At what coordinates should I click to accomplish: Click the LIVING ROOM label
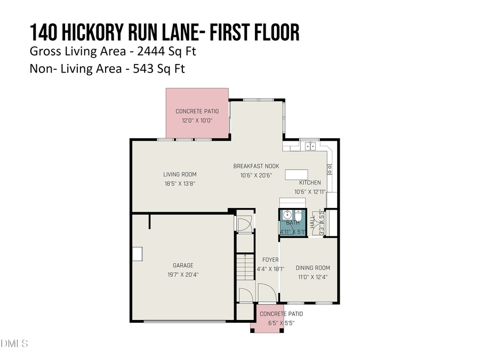click(180, 174)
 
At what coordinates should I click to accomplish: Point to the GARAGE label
click(183, 266)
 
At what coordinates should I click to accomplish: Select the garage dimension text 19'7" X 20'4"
click(183, 275)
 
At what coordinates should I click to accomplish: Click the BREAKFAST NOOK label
click(256, 166)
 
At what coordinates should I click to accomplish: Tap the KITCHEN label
click(310, 182)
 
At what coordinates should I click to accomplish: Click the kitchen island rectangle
click(297, 175)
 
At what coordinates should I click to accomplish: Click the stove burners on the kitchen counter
click(330, 170)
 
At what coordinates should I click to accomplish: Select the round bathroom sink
click(287, 215)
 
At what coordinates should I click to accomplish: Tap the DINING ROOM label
click(313, 268)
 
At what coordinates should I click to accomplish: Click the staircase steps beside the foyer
click(244, 267)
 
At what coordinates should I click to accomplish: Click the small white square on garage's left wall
click(138, 254)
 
